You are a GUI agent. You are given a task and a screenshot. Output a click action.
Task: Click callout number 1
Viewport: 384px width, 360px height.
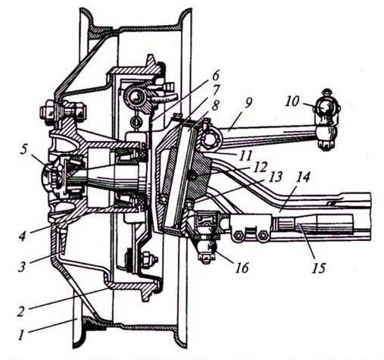click(x=22, y=335)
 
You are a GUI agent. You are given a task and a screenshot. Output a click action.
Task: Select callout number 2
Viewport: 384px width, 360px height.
click(x=21, y=311)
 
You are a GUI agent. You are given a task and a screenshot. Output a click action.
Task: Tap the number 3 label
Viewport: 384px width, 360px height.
click(x=22, y=266)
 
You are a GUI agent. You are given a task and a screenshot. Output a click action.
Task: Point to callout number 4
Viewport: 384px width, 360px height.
click(x=23, y=235)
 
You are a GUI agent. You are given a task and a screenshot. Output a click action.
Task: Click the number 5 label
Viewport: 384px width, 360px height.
click(x=23, y=150)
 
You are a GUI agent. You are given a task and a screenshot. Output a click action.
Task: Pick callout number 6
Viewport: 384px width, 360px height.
click(x=216, y=76)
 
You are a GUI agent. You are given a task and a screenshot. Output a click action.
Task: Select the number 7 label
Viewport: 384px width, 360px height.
click(x=216, y=90)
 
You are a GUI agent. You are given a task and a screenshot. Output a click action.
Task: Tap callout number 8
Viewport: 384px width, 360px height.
click(x=215, y=105)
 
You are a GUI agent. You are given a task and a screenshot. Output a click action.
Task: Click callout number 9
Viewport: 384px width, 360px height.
click(x=248, y=102)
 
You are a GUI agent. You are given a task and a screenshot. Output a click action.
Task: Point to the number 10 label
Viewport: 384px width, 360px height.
click(x=292, y=102)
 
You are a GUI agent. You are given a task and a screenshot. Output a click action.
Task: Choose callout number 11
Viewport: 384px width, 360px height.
click(x=245, y=155)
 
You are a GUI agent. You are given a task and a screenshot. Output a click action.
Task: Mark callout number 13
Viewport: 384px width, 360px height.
click(x=275, y=177)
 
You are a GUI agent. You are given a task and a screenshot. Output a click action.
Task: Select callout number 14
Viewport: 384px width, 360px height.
click(x=302, y=177)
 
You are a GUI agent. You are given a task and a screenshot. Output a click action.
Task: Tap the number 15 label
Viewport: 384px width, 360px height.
click(x=319, y=268)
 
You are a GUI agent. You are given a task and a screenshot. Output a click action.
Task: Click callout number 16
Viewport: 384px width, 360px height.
click(x=242, y=268)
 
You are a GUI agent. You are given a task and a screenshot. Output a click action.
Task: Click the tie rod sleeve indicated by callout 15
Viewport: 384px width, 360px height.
click(x=312, y=224)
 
